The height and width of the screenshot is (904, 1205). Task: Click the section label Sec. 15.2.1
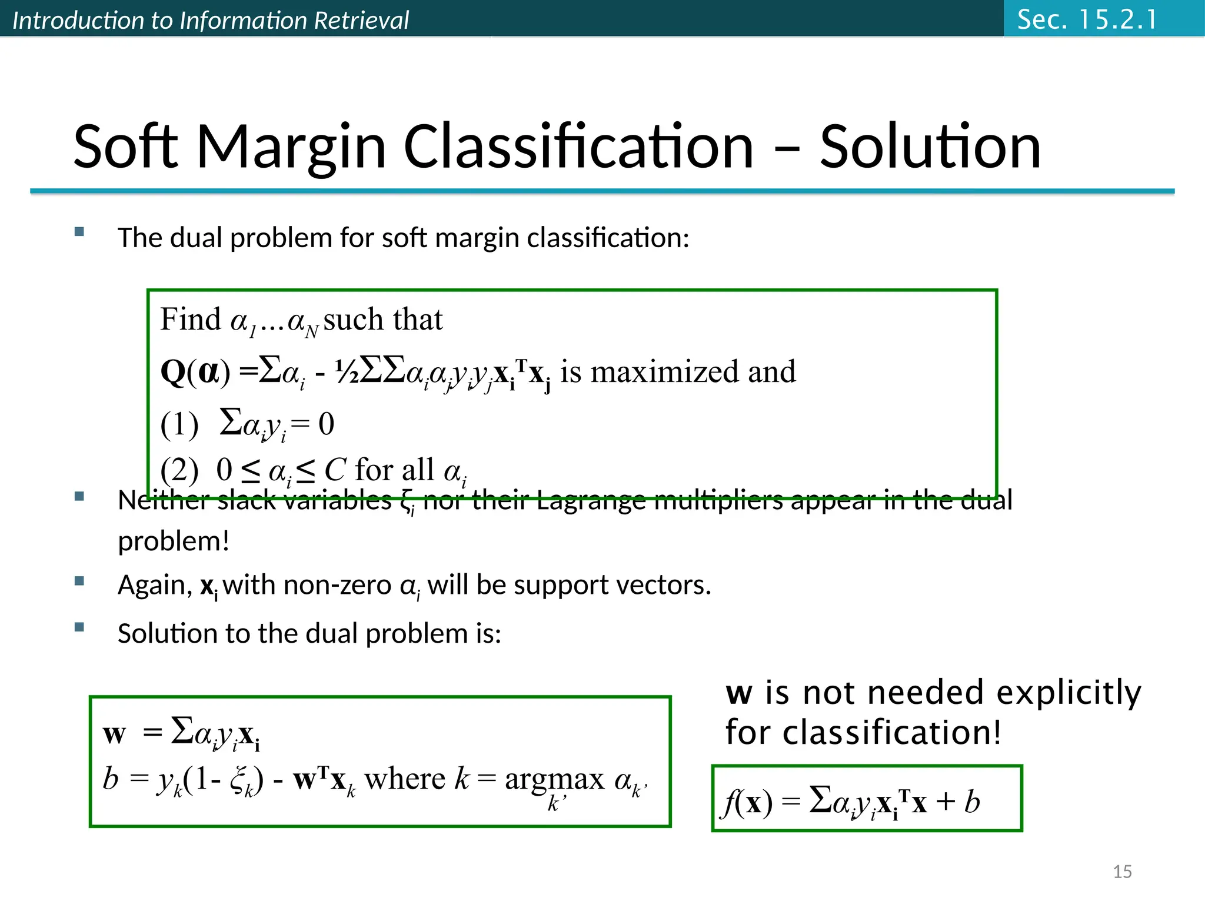coord(1087,19)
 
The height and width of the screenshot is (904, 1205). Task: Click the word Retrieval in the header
coord(361,21)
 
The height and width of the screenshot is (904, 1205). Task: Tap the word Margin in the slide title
coord(291,147)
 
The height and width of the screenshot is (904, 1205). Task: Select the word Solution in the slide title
coord(930,147)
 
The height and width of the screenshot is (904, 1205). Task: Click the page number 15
coord(1122,872)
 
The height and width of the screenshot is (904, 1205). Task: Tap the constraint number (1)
coord(179,425)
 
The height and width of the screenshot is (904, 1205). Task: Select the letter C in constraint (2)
coord(335,470)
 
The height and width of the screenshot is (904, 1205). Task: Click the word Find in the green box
coord(190,320)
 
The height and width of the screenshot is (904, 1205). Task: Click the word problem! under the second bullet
coord(173,541)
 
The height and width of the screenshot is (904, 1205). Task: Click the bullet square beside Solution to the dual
coord(79,627)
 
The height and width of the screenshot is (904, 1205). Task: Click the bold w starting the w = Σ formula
coord(114,734)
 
